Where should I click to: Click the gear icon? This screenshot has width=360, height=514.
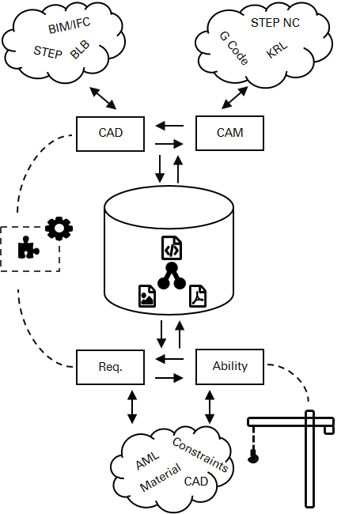59,229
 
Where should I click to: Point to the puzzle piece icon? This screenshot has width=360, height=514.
28,248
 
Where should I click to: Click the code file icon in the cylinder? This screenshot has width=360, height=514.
172,248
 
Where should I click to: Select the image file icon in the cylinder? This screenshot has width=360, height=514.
147,296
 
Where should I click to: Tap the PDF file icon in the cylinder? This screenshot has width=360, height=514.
198,296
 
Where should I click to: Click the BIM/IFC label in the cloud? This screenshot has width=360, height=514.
69,25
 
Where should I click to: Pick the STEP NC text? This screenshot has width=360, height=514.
275,23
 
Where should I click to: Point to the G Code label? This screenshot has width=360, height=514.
233,48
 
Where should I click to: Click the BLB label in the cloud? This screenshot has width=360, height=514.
80,50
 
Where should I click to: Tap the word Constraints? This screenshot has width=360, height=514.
200,455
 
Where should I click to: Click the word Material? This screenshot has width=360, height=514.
161,477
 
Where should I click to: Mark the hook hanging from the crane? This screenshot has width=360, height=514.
253,456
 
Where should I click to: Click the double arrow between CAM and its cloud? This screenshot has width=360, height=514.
234,98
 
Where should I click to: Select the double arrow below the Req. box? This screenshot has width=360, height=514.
132,406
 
